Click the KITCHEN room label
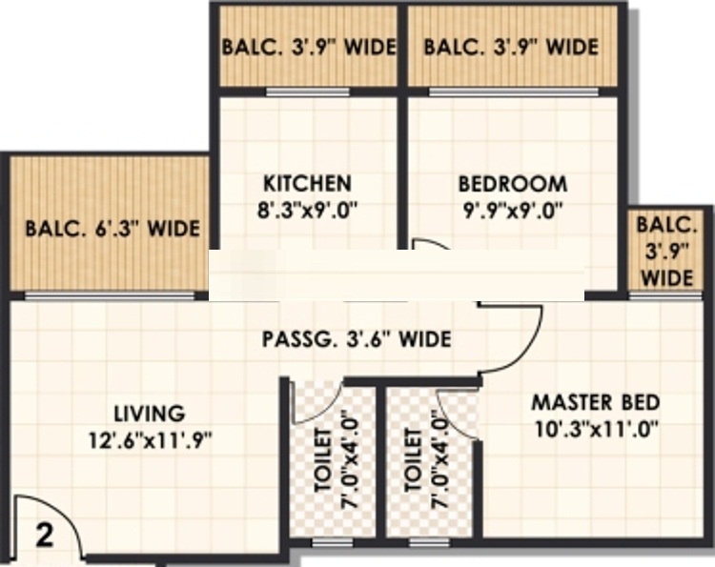[308, 183]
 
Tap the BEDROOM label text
[512, 183]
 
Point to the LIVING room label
[149, 414]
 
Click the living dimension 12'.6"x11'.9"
[149, 439]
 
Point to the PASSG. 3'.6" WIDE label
[357, 338]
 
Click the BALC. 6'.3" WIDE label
[112, 229]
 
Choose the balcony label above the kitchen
[308, 47]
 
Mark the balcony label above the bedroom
[511, 47]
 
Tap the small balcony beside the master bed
[666, 252]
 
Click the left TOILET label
[324, 460]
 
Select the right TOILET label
[413, 460]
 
